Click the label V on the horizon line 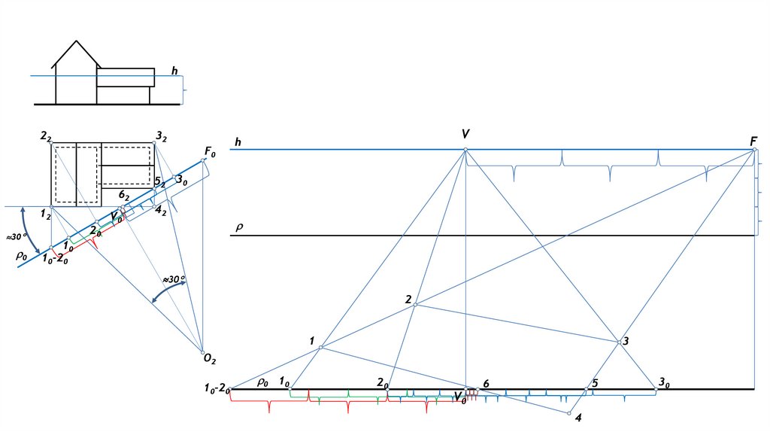coord(466,134)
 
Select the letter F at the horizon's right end coord(753,141)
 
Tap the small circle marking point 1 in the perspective coord(321,347)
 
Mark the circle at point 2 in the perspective coord(416,305)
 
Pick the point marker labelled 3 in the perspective coord(620,342)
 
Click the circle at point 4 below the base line coord(569,413)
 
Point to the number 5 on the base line coord(595,383)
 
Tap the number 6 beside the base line coord(486,383)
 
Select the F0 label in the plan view coord(210,152)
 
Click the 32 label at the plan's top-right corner coord(161,136)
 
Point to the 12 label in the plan coord(46,216)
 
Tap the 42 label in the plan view coord(161,211)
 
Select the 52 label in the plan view coord(159,183)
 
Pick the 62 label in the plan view coord(125,195)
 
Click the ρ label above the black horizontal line coord(239,226)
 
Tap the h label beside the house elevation coord(174,71)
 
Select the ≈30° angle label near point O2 coord(174,279)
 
